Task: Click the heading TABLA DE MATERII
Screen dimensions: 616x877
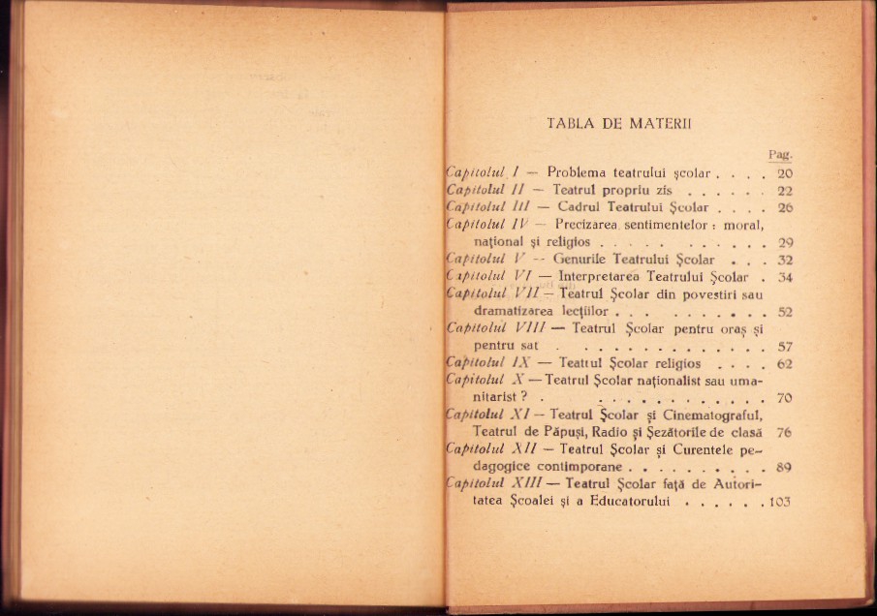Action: tap(616, 123)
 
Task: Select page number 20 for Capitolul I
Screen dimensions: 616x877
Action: tap(784, 173)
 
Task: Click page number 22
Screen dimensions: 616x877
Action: tap(784, 191)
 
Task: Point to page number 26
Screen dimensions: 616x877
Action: tap(784, 208)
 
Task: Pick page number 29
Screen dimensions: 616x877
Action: tap(785, 242)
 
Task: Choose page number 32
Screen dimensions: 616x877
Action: tap(785, 260)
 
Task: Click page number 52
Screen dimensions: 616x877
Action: tap(785, 311)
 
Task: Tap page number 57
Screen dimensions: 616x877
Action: tap(785, 346)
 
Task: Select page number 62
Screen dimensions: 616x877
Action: tap(785, 363)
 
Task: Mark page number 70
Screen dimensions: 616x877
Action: tap(785, 397)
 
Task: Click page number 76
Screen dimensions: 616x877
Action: tap(784, 432)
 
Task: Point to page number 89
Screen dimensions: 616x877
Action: tap(785, 467)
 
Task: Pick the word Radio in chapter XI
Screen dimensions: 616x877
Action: tap(607, 432)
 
